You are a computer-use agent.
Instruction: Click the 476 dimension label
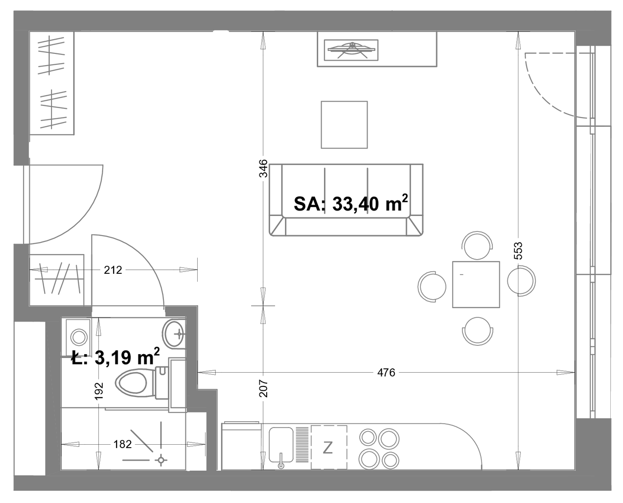click(386, 372)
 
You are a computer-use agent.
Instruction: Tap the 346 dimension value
click(263, 168)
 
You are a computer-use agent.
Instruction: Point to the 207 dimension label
click(263, 388)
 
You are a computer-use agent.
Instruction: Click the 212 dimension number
click(113, 270)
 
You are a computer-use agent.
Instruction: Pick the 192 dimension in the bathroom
click(99, 391)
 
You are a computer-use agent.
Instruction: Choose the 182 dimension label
click(122, 444)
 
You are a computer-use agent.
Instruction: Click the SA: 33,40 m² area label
click(350, 203)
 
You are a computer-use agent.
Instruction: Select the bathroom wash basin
click(174, 333)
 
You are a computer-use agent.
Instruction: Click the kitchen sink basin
click(281, 445)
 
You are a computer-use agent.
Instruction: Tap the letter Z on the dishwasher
click(327, 448)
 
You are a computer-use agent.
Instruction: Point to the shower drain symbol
click(161, 460)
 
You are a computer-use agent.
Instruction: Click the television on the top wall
click(351, 50)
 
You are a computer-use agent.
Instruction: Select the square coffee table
click(344, 125)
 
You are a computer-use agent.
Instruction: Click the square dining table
click(476, 285)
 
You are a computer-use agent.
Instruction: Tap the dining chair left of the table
click(432, 287)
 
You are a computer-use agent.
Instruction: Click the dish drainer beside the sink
click(302, 444)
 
